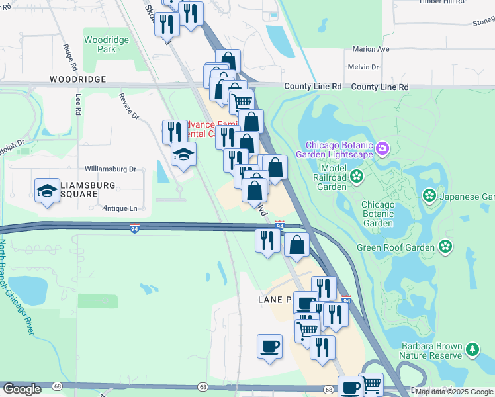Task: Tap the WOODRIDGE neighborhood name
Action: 77,79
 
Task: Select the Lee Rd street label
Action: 78,104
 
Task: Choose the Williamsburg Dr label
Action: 110,169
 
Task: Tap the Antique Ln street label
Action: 120,208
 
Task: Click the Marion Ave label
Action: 371,49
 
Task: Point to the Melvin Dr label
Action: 363,67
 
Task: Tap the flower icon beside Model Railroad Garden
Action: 357,176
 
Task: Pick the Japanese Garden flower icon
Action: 429,196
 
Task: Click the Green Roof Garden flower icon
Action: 445,247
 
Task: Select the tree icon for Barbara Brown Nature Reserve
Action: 472,349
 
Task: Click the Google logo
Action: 22,389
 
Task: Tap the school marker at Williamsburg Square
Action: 46,191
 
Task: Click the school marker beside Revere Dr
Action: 183,155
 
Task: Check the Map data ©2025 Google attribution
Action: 454,392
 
